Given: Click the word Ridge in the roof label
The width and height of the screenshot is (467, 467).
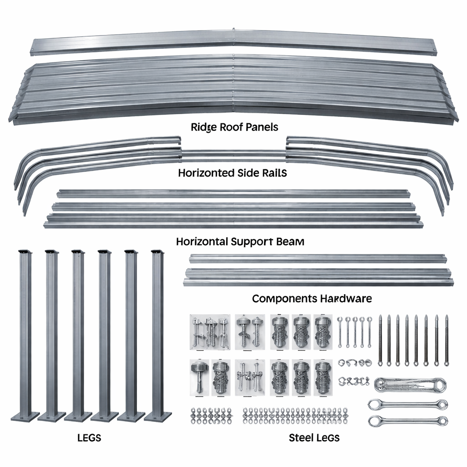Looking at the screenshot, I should [x=204, y=127].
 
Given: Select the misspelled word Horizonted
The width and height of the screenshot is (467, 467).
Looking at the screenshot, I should [x=204, y=173].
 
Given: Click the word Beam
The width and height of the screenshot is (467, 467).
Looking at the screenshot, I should [x=290, y=241].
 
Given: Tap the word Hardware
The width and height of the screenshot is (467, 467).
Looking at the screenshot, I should [x=346, y=299].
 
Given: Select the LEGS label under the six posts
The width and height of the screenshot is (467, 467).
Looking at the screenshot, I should [x=89, y=438].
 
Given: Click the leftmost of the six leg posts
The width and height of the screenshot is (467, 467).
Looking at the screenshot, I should [x=25, y=333].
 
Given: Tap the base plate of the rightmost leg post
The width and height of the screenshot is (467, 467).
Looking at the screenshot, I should [x=158, y=416].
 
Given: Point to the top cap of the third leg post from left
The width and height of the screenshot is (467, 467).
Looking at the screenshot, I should [x=78, y=252].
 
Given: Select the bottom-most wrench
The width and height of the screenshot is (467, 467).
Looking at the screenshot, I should [x=407, y=420].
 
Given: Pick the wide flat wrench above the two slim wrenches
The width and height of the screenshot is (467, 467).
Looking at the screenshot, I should [x=409, y=384].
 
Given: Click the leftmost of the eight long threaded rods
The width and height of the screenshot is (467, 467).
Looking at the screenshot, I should [x=380, y=340].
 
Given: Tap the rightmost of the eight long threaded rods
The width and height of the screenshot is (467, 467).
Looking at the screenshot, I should [x=446, y=340].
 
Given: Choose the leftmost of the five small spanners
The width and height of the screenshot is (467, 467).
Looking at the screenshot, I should [x=340, y=331].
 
